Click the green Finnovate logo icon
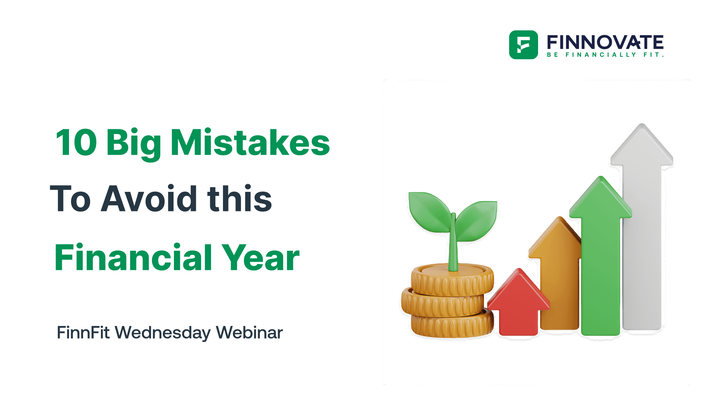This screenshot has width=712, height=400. (523, 45)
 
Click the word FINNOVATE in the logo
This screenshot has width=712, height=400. (605, 42)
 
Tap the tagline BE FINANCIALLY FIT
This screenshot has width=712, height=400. (605, 55)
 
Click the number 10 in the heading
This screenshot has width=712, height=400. (76, 143)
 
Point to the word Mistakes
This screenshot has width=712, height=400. (250, 143)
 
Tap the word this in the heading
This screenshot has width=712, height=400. (240, 199)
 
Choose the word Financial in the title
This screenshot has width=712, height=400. (133, 258)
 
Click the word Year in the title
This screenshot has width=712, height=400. (260, 258)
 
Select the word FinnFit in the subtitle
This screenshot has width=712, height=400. (83, 332)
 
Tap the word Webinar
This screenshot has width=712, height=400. (249, 332)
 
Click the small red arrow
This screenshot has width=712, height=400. (518, 304)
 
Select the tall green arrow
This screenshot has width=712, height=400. (600, 259)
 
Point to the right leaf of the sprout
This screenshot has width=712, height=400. (477, 220)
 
